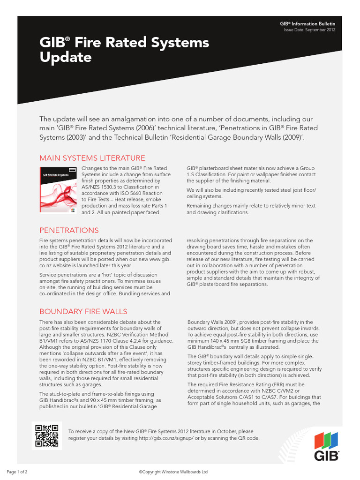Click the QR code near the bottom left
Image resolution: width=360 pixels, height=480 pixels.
pyautogui.click(x=45, y=435)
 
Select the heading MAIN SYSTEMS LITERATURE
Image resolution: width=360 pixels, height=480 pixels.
pyautogui.click(x=92, y=158)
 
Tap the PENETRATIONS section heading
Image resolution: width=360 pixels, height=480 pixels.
pyautogui.click(x=69, y=230)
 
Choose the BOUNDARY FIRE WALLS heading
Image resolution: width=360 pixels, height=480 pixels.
pyautogui.click(x=83, y=311)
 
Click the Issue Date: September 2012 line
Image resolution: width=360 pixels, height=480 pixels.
pyautogui.click(x=309, y=30)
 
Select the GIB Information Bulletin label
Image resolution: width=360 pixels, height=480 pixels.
pyautogui.click(x=307, y=23)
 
